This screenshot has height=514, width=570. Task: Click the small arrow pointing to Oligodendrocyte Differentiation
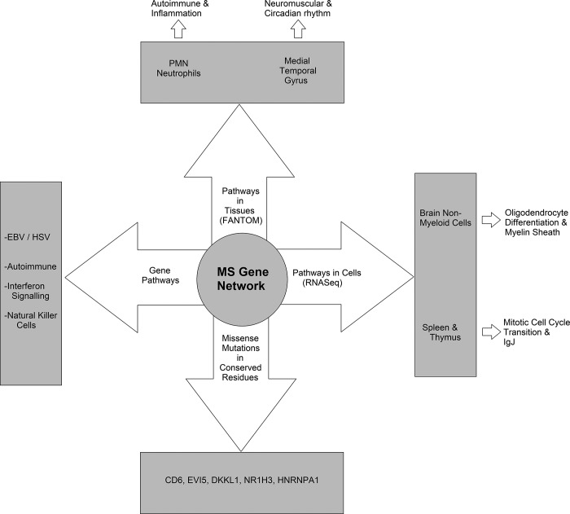[x=491, y=219]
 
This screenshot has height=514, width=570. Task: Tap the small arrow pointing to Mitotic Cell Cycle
[x=491, y=309]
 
